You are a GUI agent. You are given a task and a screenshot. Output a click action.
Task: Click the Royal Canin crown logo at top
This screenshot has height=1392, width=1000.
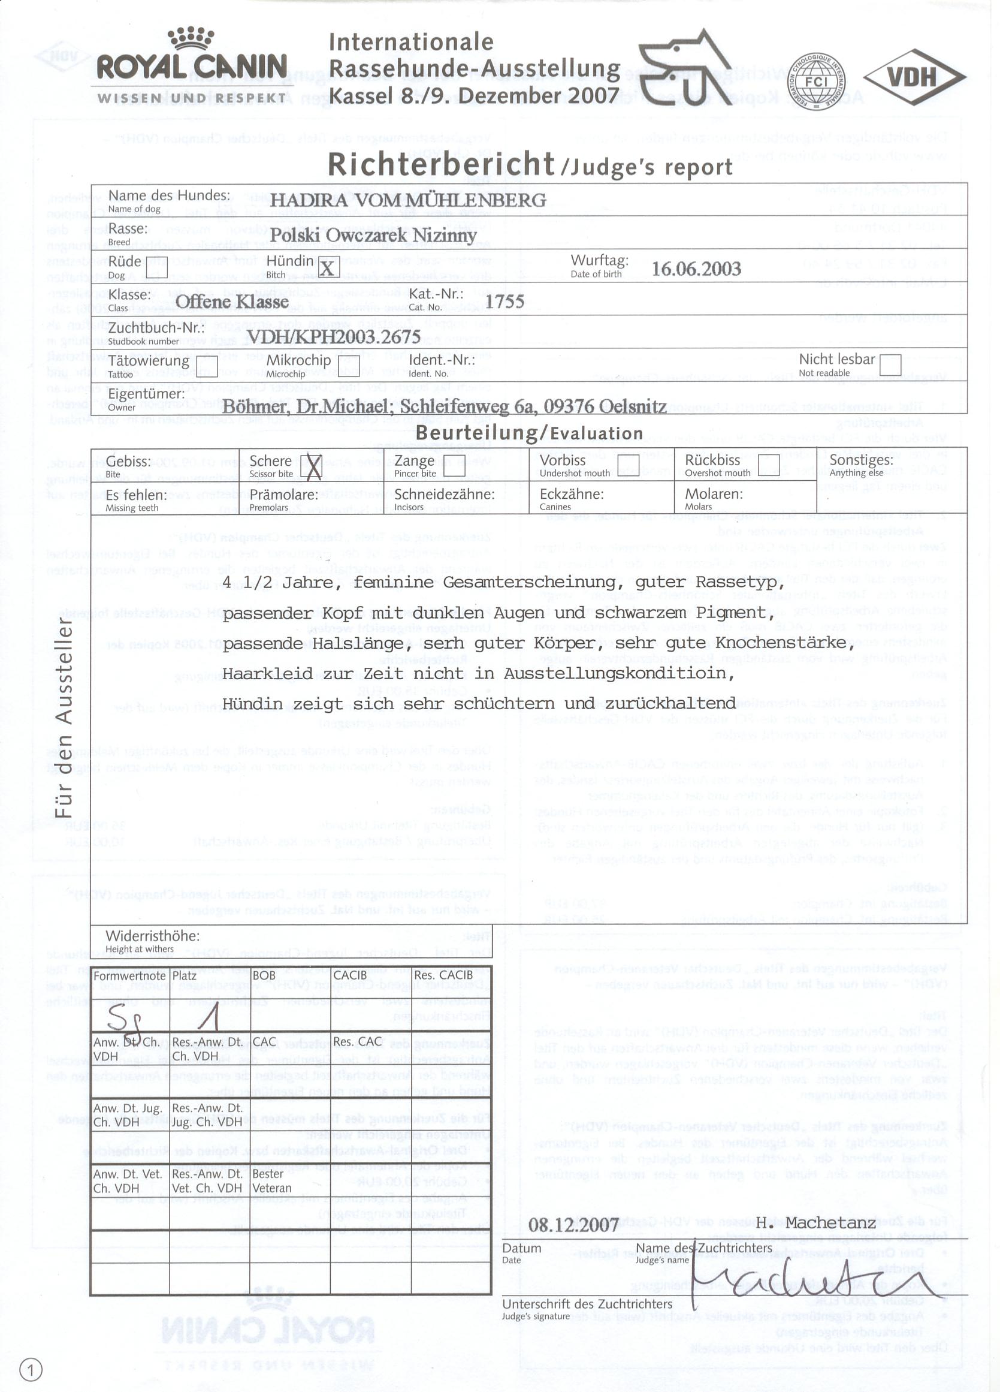click(191, 38)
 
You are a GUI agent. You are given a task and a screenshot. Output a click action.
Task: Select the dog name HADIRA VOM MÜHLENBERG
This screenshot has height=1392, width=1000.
click(408, 200)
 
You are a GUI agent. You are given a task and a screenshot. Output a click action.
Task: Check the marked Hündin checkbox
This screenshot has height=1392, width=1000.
click(328, 267)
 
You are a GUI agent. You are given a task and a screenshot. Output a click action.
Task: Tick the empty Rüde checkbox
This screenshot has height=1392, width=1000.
click(157, 267)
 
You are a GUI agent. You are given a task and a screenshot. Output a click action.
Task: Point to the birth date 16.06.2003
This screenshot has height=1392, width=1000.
click(696, 269)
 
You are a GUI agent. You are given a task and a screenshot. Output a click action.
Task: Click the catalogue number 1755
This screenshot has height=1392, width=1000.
click(505, 302)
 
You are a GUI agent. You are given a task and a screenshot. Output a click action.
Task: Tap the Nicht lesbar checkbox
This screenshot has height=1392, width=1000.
click(890, 364)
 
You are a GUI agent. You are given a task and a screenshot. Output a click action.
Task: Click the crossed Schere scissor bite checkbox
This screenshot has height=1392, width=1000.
click(313, 466)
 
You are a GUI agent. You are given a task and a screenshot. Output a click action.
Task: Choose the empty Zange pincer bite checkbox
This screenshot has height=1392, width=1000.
click(454, 466)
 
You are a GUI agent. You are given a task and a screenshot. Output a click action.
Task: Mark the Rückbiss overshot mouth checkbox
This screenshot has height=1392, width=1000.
click(769, 465)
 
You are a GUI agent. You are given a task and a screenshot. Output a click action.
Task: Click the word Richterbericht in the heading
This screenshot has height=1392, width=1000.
click(440, 164)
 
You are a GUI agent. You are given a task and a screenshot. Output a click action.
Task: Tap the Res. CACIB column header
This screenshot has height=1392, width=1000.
click(443, 975)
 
